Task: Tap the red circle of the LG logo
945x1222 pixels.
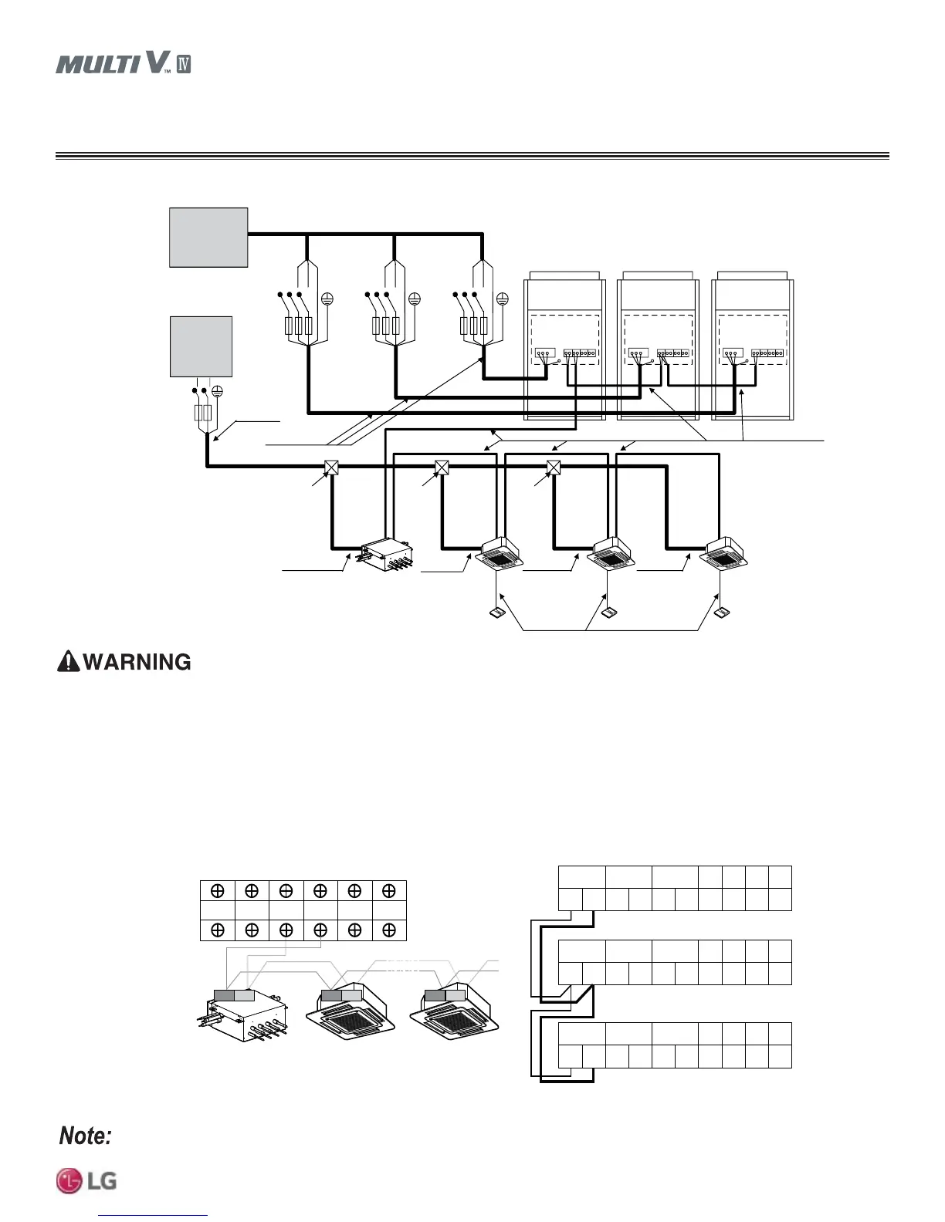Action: coord(69,1181)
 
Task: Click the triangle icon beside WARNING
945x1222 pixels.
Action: coord(68,662)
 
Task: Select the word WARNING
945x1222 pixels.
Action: coord(137,662)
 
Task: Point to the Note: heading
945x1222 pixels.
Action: coord(86,1136)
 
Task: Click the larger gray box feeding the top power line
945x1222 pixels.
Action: coord(208,237)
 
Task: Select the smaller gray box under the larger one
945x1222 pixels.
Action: coord(201,346)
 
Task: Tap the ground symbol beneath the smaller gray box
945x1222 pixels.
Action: coord(217,392)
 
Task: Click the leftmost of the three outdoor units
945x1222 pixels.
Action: coord(564,347)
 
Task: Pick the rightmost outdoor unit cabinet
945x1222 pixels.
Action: coord(752,347)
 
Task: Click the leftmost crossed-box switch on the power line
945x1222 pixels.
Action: coord(330,468)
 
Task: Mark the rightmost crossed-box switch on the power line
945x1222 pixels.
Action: coord(553,468)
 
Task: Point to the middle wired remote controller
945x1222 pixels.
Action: coord(609,614)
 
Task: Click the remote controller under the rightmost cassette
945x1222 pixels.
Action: coord(722,614)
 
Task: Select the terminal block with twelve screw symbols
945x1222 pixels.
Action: coord(303,910)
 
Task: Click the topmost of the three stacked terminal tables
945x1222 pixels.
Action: coord(675,888)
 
